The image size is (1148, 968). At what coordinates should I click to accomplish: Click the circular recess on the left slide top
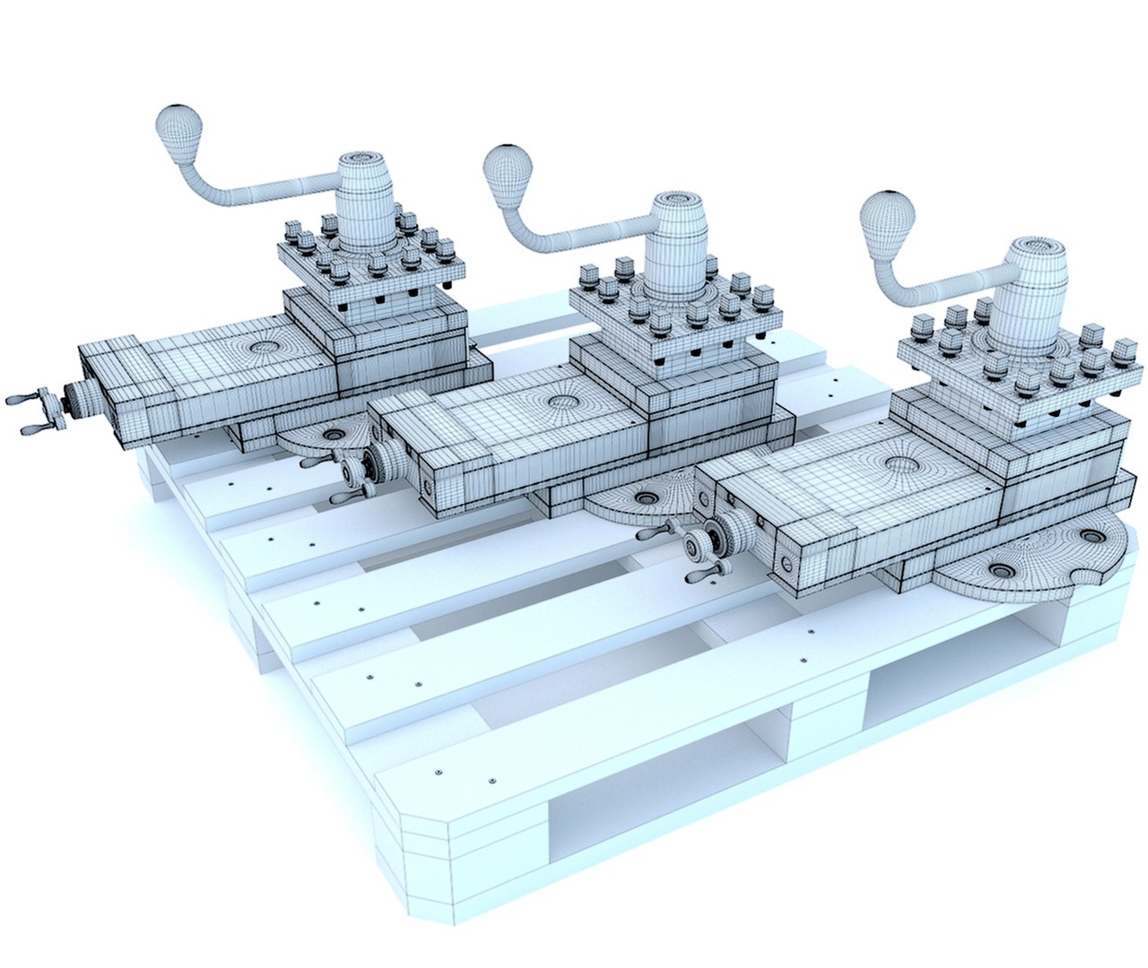(x=265, y=346)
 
